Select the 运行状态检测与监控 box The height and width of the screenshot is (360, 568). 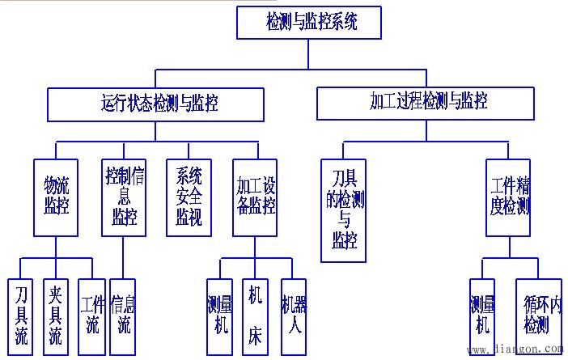coord(159,103)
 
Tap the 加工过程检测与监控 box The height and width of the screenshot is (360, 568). coord(426,102)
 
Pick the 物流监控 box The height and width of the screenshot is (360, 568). coord(56,197)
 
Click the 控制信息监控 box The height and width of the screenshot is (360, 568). coord(124,197)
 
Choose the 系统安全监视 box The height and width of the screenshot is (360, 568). coord(189,197)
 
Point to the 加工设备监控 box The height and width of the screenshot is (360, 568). coord(256,197)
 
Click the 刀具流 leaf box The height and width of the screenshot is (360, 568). coord(21,316)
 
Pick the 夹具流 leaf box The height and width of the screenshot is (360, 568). coord(55,316)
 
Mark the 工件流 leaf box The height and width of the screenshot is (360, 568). coord(91,316)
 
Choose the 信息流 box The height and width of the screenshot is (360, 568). coord(124,316)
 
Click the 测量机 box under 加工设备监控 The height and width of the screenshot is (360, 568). coord(219,316)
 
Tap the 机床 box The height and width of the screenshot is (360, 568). coord(255,316)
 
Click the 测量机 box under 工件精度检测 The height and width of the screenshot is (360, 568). coord(483,316)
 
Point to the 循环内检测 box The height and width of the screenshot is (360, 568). coord(536,316)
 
